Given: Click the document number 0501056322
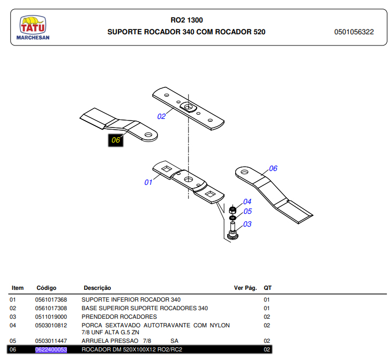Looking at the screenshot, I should point(354,32).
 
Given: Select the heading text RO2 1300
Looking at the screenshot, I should point(186,20).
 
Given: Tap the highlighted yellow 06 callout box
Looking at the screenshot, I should point(115,140).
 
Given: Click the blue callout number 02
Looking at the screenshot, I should point(161,116).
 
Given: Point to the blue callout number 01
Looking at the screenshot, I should point(148,182).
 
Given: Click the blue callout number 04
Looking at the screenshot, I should point(247,202).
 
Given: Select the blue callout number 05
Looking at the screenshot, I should point(247,212).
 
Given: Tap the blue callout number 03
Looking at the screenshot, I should point(247,224).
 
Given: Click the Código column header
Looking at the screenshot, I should point(46,288).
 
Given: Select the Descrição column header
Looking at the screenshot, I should point(97,288).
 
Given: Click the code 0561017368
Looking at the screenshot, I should point(51,299).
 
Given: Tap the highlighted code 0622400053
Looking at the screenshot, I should point(51,350).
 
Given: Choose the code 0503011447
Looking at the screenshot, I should point(51,341).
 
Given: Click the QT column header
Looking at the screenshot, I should point(267,288).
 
